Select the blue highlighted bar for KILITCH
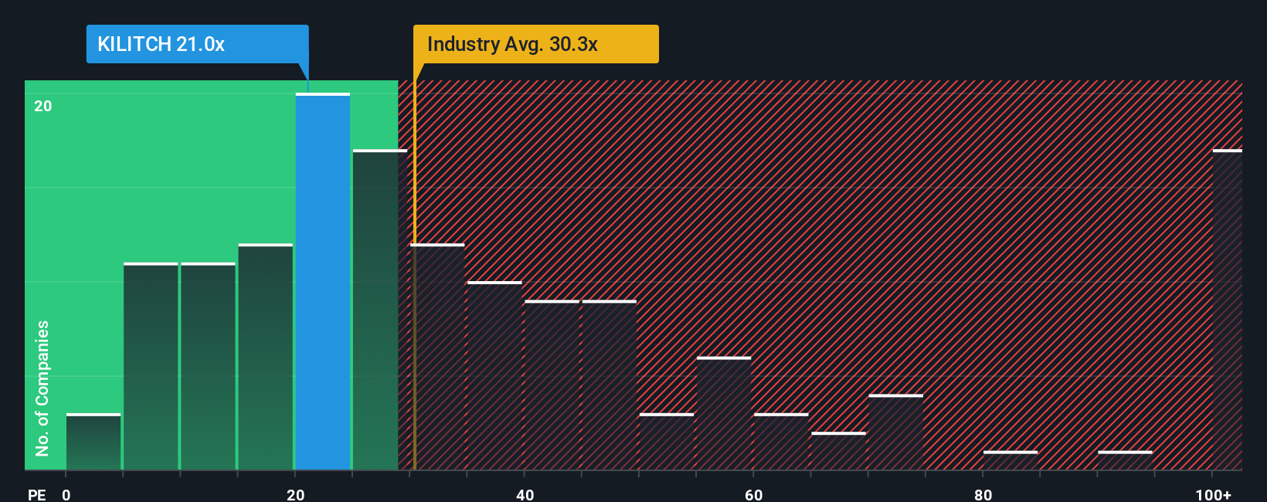[x=323, y=282]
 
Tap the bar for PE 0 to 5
[x=93, y=442]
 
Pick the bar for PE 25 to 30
[x=379, y=310]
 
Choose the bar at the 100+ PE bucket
[x=1227, y=310]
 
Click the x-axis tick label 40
[x=525, y=494]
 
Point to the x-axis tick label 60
[x=754, y=494]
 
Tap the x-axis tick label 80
[x=983, y=494]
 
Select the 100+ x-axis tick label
[x=1213, y=494]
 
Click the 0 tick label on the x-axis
[x=66, y=494]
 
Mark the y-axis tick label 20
[x=43, y=107]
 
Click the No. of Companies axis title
[x=42, y=388]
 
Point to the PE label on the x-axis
[x=37, y=494]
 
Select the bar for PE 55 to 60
[x=724, y=413]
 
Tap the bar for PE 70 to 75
[x=895, y=432]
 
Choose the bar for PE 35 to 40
[x=494, y=376]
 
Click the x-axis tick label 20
[x=295, y=494]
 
